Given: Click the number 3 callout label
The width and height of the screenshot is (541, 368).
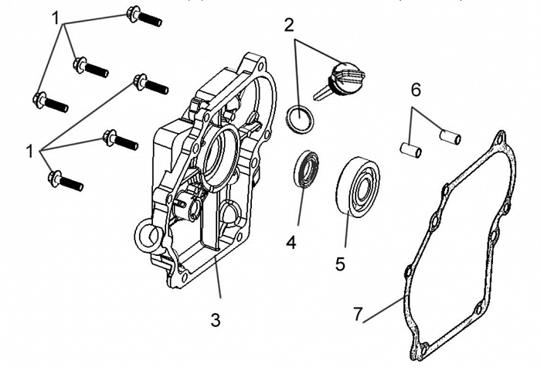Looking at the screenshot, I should click(x=216, y=319).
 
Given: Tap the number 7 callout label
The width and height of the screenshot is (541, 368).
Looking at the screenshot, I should click(x=358, y=314).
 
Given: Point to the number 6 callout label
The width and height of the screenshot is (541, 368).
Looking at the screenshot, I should click(x=416, y=90).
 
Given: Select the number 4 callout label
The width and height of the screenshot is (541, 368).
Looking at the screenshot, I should click(x=291, y=242).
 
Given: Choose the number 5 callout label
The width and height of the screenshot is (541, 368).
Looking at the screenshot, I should click(x=340, y=263).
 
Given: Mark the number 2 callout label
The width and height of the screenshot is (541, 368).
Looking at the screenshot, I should click(x=289, y=24).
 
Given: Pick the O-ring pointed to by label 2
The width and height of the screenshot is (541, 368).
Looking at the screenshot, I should click(x=300, y=118).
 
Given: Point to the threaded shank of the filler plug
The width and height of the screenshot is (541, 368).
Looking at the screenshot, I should click(x=322, y=90).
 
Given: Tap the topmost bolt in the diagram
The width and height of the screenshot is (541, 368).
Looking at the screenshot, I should click(x=143, y=15).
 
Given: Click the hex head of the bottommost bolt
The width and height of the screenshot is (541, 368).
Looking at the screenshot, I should click(x=55, y=179).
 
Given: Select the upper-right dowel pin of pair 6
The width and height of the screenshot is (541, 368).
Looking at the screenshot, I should click(x=449, y=136).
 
